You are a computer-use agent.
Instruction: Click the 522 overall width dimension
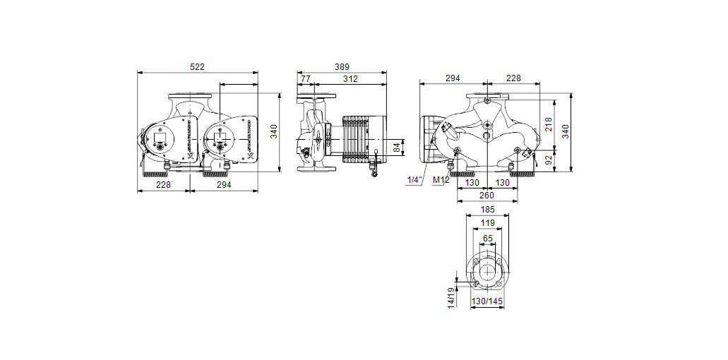pyautogui.click(x=197, y=66)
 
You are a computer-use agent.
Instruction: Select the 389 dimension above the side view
pyautogui.click(x=342, y=66)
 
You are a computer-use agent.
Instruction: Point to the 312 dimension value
pyautogui.click(x=350, y=79)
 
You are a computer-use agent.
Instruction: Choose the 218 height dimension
pyautogui.click(x=549, y=124)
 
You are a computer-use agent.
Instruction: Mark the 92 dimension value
pyautogui.click(x=549, y=160)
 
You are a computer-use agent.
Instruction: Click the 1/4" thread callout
pyautogui.click(x=414, y=180)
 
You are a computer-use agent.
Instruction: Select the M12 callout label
pyautogui.click(x=441, y=180)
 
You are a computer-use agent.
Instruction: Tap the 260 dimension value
pyautogui.click(x=487, y=196)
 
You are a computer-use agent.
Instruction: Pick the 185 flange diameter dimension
pyautogui.click(x=487, y=210)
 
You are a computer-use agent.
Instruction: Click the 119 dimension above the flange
pyautogui.click(x=487, y=222)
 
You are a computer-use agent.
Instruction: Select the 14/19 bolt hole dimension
pyautogui.click(x=450, y=299)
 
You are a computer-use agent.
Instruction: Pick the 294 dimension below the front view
pyautogui.click(x=223, y=184)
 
